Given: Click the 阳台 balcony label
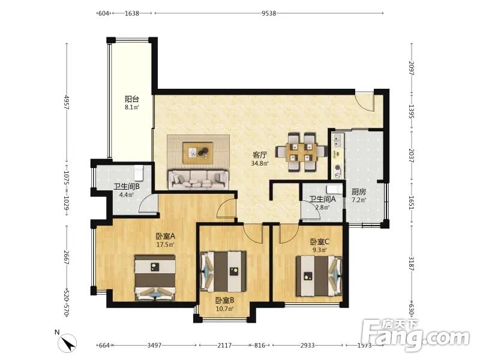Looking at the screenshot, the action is [x=132, y=99].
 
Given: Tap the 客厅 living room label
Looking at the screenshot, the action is [x=260, y=155].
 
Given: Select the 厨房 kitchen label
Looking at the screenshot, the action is [x=358, y=192].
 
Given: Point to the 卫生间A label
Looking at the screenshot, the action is [x=322, y=199].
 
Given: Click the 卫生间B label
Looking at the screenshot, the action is [x=127, y=187].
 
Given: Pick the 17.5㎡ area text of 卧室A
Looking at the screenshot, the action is [x=166, y=245].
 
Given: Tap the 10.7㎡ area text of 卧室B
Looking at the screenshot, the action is [x=224, y=308].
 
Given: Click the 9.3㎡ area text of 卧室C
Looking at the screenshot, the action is [x=320, y=250].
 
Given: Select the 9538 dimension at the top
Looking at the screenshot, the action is [x=269, y=13].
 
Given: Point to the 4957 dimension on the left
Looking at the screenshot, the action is [x=67, y=102].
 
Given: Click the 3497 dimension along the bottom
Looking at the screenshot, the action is [x=154, y=346].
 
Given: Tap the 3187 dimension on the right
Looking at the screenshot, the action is [x=411, y=263].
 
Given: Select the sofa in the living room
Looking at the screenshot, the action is [x=199, y=179].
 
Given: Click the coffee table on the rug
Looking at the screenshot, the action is [x=198, y=153].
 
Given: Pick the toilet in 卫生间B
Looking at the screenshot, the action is [x=139, y=173].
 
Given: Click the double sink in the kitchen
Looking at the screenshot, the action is [x=337, y=140].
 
